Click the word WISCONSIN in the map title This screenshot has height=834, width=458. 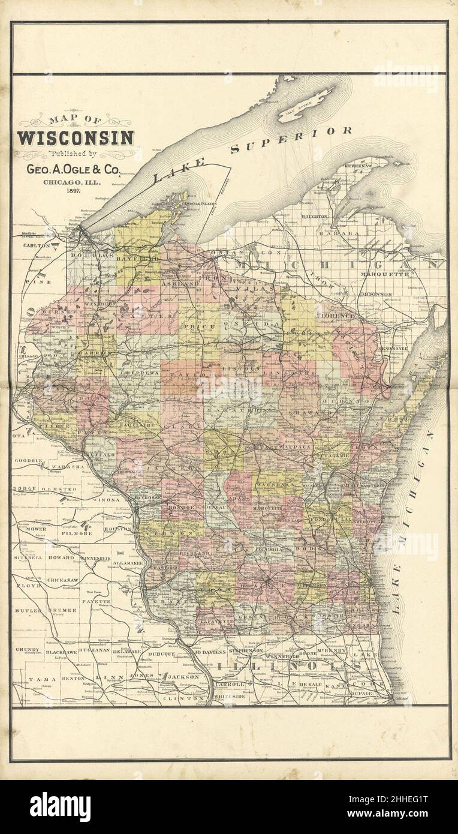(x=76, y=138)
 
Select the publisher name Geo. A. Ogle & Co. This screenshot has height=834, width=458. (x=76, y=169)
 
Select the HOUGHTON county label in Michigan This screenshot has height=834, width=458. (x=314, y=216)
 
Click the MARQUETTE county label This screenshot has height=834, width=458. (x=384, y=275)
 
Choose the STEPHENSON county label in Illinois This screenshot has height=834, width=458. (x=246, y=650)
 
